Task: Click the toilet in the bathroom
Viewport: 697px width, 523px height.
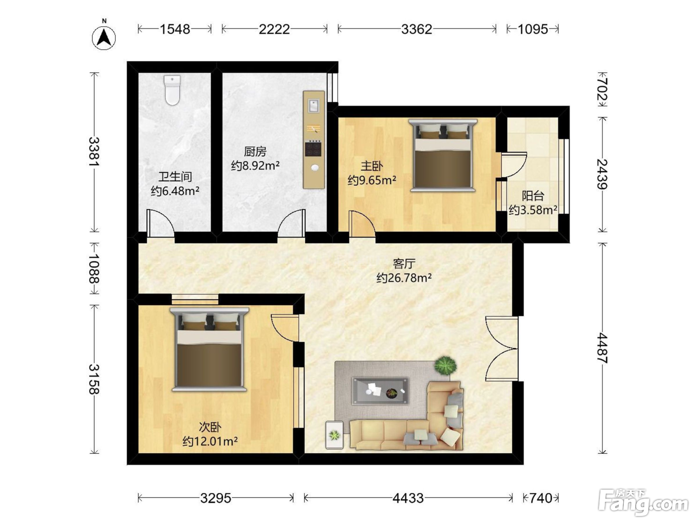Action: (172, 90)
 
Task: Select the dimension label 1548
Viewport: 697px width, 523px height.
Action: (175, 29)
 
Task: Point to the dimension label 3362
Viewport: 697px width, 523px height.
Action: (417, 29)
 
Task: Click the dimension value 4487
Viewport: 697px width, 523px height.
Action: (602, 348)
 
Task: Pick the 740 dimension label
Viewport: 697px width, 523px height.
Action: (541, 498)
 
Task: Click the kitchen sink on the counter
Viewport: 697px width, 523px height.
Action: (313, 106)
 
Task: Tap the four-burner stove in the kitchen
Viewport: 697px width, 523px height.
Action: (313, 148)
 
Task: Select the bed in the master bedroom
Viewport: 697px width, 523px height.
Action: (443, 155)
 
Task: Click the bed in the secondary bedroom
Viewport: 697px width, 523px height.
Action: (209, 349)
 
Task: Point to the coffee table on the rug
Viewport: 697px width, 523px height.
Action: (380, 391)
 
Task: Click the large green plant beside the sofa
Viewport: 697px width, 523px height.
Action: (446, 366)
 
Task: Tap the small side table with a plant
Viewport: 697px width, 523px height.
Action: (335, 435)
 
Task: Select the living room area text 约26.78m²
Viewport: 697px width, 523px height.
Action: (404, 278)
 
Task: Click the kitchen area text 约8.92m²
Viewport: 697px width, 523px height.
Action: (255, 165)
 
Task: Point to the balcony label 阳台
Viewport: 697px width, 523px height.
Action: (533, 196)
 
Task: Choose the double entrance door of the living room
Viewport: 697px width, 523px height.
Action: (502, 348)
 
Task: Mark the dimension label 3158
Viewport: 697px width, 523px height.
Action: (94, 379)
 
